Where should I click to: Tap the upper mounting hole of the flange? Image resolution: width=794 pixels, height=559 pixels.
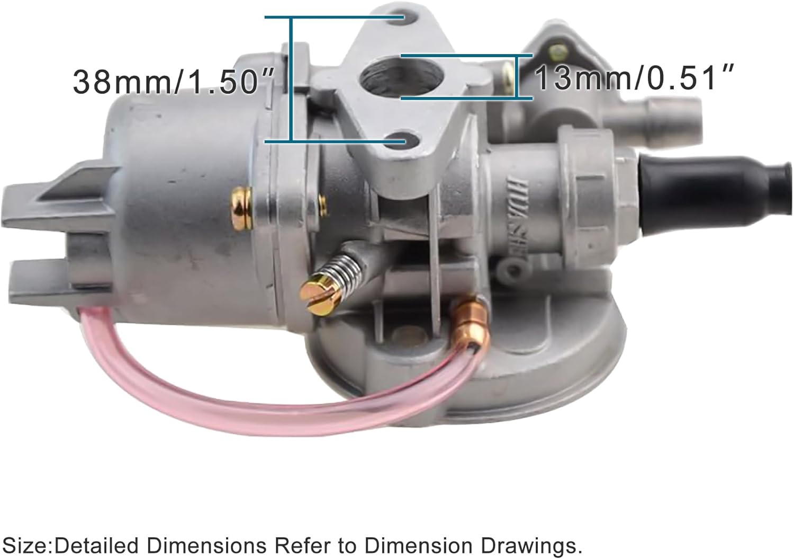pyautogui.click(x=405, y=20)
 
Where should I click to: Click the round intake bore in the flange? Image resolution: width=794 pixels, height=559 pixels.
pyautogui.click(x=379, y=77)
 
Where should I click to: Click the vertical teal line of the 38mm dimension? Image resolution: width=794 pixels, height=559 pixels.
pyautogui.click(x=291, y=79)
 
